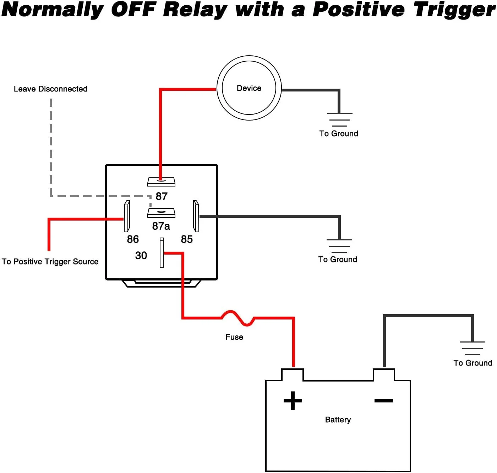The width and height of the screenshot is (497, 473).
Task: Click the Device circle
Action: click(x=249, y=88)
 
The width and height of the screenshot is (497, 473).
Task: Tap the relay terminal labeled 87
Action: click(x=162, y=182)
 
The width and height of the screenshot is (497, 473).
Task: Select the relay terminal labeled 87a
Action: click(x=162, y=213)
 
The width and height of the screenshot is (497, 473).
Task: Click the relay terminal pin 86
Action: click(x=127, y=216)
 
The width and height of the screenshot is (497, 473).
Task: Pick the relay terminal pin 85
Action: click(x=196, y=216)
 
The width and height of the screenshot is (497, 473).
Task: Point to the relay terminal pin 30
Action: click(x=162, y=253)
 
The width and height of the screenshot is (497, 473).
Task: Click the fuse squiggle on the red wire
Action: click(x=237, y=318)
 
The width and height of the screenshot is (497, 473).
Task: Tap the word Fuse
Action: click(x=234, y=337)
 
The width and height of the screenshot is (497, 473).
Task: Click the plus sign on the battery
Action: click(x=293, y=401)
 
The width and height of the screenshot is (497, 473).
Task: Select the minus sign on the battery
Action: click(x=384, y=401)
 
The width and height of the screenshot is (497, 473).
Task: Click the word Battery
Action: click(x=338, y=420)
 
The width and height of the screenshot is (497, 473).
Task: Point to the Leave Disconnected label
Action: click(x=51, y=89)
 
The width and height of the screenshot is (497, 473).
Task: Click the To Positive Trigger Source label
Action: click(x=50, y=262)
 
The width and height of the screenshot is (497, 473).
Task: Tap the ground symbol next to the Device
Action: click(x=339, y=119)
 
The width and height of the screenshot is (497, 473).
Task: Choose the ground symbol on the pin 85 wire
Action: click(x=339, y=246)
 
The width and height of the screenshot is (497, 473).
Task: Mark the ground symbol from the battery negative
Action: click(x=473, y=348)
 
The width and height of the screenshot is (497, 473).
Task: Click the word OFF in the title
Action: click(x=133, y=10)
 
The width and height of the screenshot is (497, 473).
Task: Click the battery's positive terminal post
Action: click(x=293, y=375)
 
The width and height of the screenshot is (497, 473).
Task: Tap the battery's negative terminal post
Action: click(x=384, y=375)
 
